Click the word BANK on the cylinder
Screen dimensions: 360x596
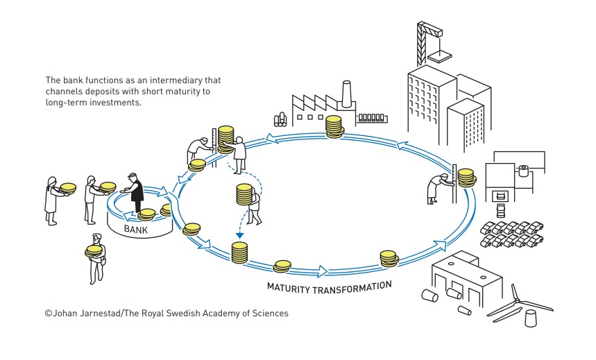coord(135,228)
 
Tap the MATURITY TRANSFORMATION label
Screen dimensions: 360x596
coord(330,285)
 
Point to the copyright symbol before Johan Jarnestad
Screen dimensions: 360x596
coord(49,314)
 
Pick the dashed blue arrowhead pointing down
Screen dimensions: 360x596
coord(240,234)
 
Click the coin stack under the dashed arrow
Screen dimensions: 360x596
coord(239,252)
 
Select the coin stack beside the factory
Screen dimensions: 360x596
coord(334,127)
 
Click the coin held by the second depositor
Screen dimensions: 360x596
coord(108,186)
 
